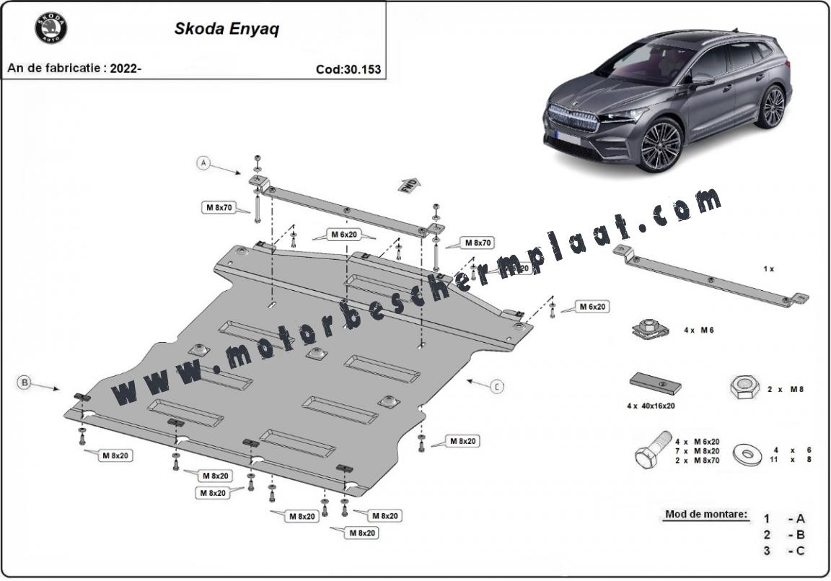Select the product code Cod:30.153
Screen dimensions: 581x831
[x=348, y=70]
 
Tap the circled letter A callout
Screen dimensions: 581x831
[x=204, y=163]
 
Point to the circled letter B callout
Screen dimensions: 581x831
[x=25, y=382]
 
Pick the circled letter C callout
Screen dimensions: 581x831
[x=497, y=387]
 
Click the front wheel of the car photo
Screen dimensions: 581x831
[x=659, y=145]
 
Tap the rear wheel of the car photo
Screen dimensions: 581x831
[x=773, y=107]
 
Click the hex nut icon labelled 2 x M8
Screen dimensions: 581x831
[x=743, y=388]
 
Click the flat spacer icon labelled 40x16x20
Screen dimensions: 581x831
[x=656, y=383]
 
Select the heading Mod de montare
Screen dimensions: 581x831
[x=705, y=515]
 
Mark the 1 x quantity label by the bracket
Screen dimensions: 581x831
[x=768, y=268]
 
